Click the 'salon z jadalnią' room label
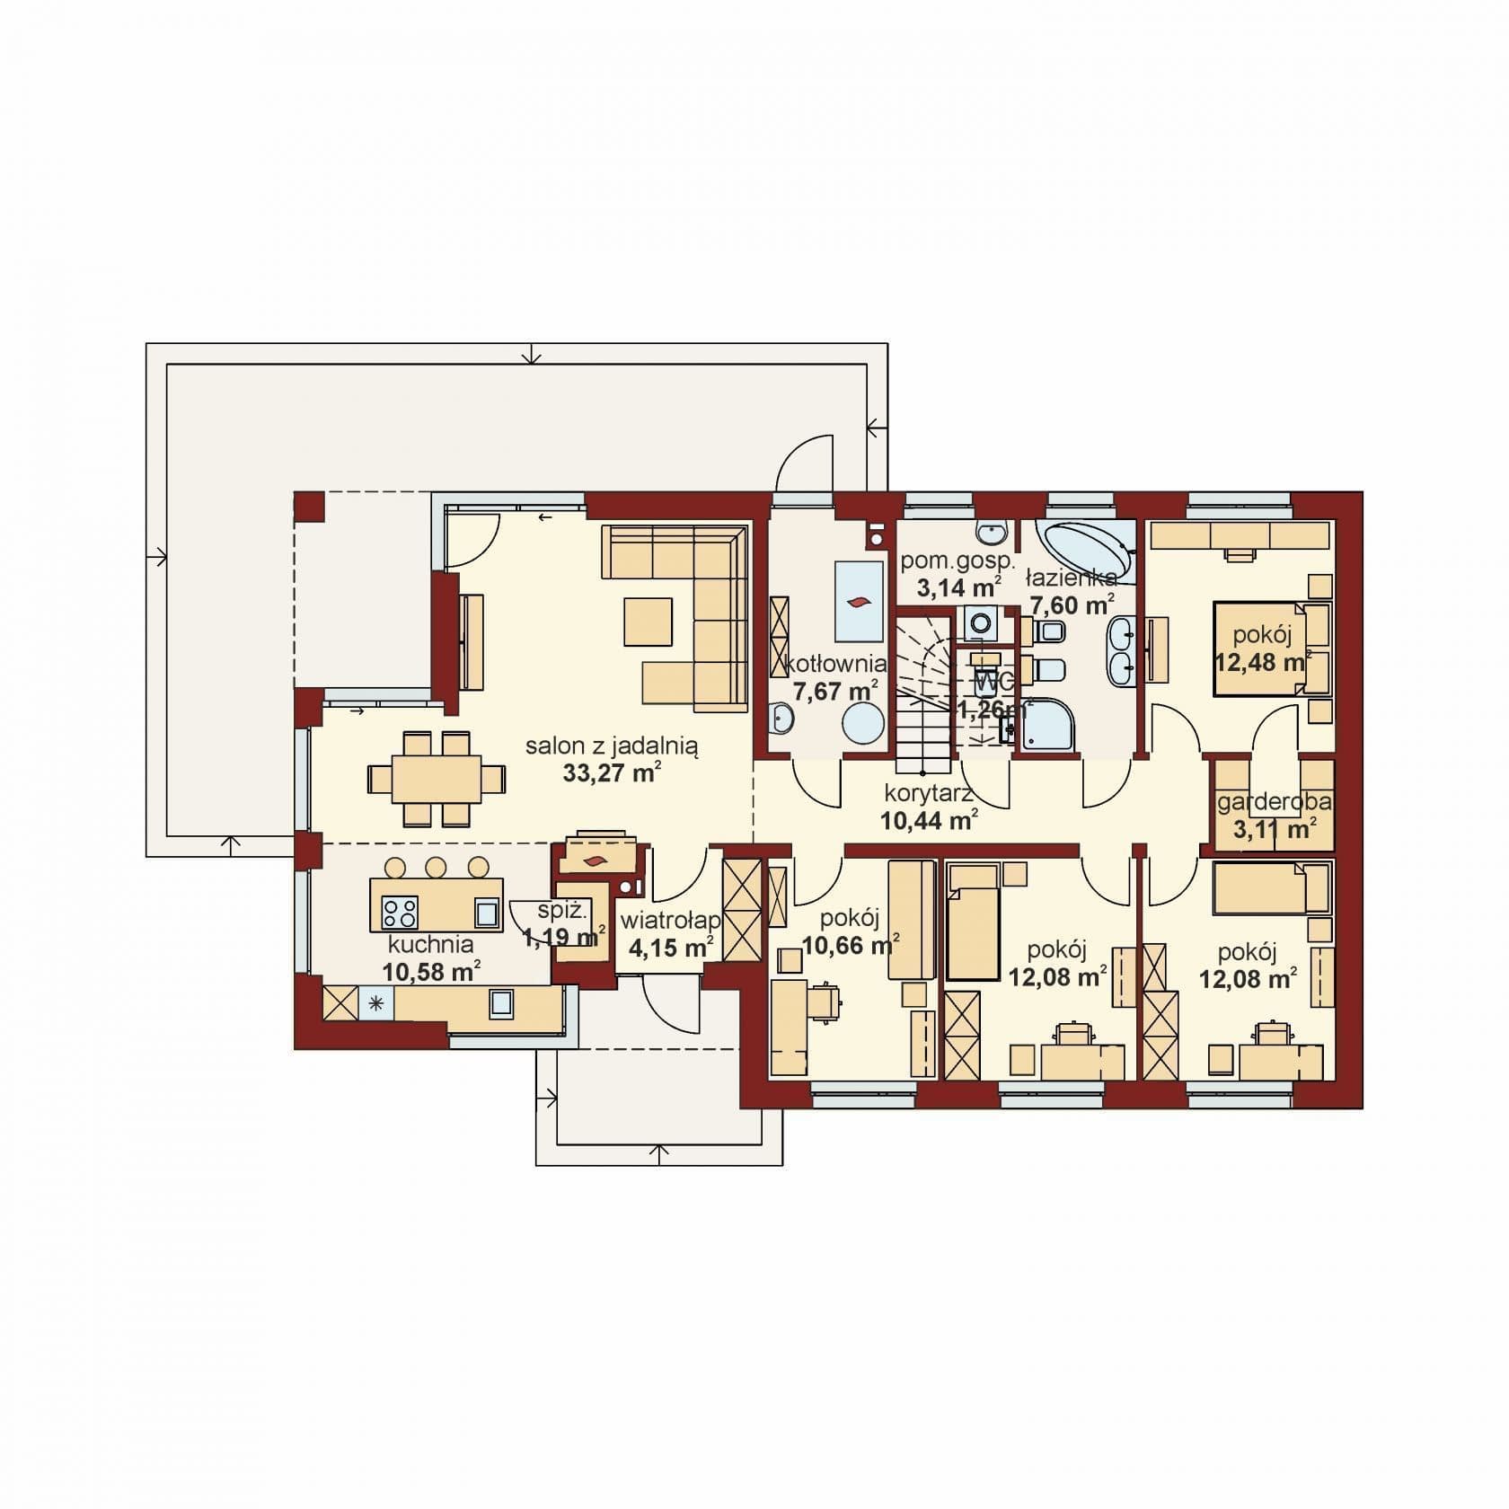tap(612, 745)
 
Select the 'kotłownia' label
tap(836, 665)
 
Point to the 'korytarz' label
tap(930, 793)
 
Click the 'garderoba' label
tap(1275, 802)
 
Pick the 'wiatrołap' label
tap(671, 920)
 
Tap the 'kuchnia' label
tap(431, 944)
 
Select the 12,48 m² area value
tap(1263, 663)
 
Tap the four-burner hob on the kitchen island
tap(401, 913)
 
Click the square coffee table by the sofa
tap(648, 622)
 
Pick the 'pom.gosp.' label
tap(957, 563)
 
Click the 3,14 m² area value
tap(958, 588)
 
